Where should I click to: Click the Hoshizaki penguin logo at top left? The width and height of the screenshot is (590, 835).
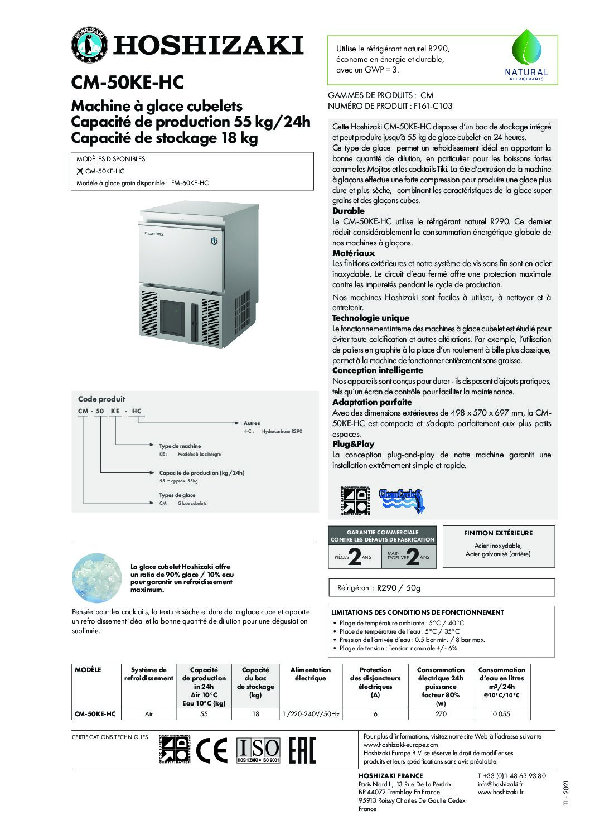click(x=89, y=44)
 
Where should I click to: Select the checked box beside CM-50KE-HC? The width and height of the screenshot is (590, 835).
click(x=80, y=171)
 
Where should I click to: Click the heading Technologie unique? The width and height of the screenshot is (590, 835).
click(x=370, y=318)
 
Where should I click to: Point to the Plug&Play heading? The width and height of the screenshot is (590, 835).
click(x=353, y=444)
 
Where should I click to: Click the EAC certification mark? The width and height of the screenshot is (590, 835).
click(x=302, y=751)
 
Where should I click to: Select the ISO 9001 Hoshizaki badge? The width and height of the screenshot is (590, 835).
click(x=258, y=751)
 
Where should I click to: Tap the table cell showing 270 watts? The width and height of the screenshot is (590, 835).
click(x=441, y=714)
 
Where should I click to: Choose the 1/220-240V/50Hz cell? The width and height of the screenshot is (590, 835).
click(x=310, y=714)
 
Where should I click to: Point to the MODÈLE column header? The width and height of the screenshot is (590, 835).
click(x=88, y=670)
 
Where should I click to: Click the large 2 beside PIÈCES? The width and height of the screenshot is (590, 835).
click(x=354, y=557)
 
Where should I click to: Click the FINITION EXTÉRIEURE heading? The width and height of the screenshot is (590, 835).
click(x=498, y=533)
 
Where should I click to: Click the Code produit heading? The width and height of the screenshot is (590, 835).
click(x=101, y=399)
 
